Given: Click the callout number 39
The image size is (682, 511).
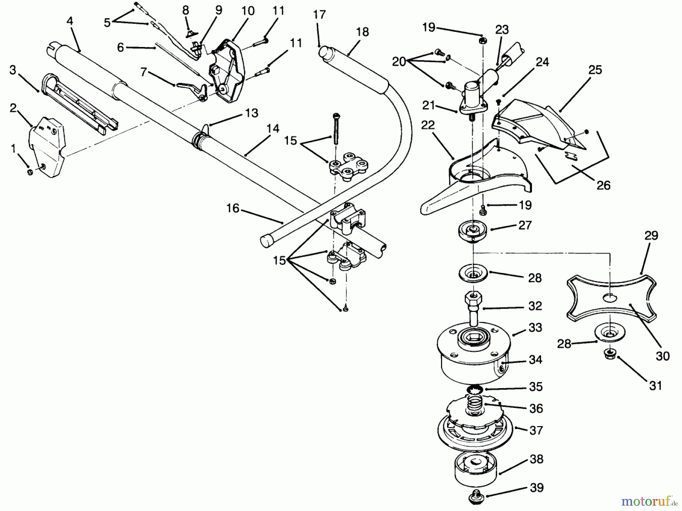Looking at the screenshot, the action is point(537,487).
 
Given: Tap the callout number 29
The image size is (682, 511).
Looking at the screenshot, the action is point(651,235).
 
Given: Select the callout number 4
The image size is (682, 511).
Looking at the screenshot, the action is point(70,21).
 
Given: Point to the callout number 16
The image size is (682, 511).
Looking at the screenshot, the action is point(233,208).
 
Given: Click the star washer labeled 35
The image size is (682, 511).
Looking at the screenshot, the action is point(474,390).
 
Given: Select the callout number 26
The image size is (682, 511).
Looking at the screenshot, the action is point(603,185).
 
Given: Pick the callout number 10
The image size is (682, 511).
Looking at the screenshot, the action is point(248,11).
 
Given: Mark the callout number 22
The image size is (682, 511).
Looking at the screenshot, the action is point(428,125).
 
